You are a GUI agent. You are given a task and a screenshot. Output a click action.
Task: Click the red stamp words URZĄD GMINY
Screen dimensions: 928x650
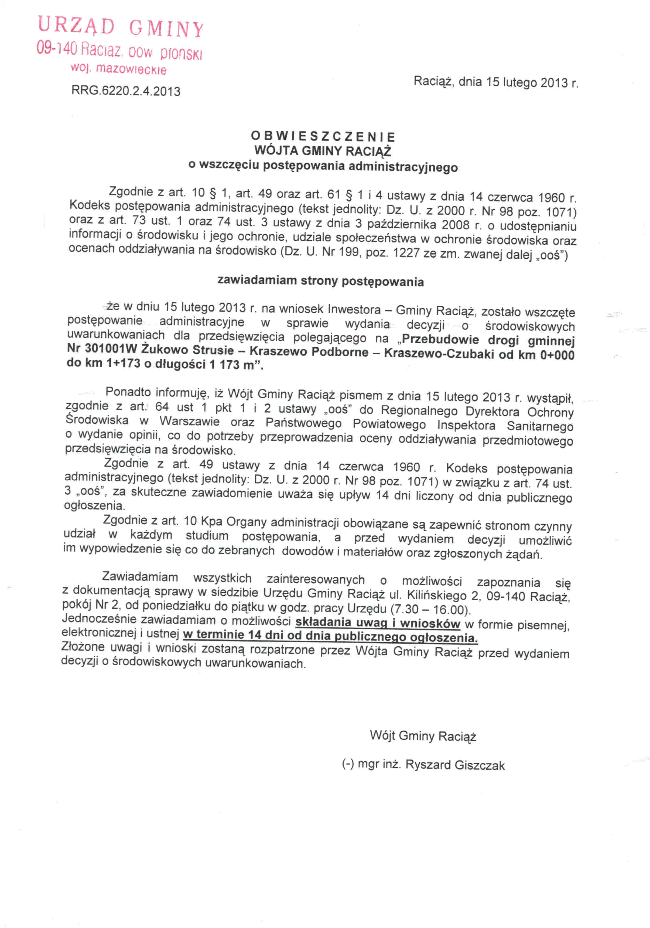(120, 27)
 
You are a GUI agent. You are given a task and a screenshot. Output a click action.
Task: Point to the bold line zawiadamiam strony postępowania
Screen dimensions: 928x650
(321, 281)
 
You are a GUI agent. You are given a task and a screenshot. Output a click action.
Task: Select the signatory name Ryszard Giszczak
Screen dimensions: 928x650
(455, 765)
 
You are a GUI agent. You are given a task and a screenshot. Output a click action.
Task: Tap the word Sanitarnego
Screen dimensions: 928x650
(540, 426)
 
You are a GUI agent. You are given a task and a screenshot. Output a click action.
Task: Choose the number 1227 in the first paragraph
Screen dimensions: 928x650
(406, 254)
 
